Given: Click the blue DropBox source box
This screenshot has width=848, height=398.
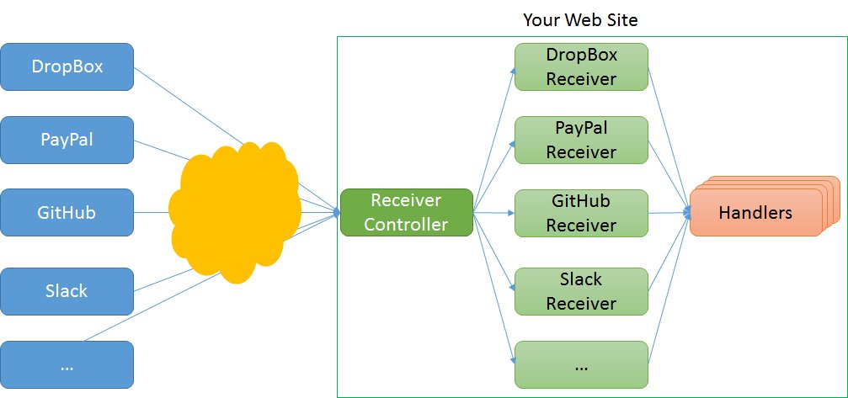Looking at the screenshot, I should tap(67, 66).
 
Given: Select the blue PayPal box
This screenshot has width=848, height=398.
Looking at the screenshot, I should tap(67, 139).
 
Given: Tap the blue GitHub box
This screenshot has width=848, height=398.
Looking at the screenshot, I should tap(67, 212).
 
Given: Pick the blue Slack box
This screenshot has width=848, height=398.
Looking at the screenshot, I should tap(67, 291).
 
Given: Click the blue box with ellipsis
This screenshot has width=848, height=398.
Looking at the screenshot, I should tap(67, 364).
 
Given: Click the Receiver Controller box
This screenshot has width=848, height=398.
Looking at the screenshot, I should tap(406, 212).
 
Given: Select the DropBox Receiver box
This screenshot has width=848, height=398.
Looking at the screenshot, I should tap(581, 66).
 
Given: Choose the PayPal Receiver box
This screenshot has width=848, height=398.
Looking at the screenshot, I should tap(581, 139).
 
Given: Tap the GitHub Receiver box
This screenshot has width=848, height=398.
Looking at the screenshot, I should tap(581, 213).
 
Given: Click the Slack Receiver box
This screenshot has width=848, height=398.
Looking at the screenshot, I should tap(581, 291).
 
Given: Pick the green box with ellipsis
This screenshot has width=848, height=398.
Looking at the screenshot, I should tap(581, 364).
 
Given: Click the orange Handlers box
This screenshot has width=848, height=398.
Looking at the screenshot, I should tap(755, 213).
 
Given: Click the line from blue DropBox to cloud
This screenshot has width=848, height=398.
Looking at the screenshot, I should tap(189, 105).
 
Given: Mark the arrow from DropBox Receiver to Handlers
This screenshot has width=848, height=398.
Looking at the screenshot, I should tap(669, 135).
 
